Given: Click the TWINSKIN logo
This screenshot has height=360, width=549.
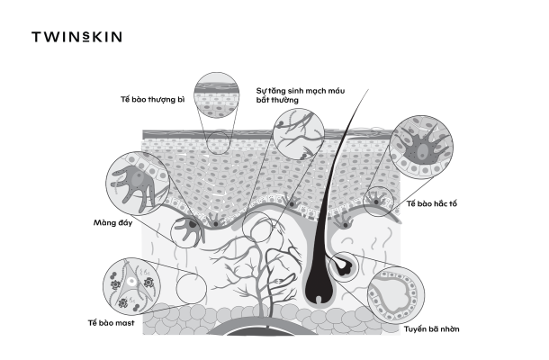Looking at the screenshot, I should tap(76, 37).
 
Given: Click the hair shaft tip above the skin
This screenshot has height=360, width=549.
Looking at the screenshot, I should tap(368, 91).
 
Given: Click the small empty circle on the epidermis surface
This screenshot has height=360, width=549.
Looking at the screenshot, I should tap(219, 142).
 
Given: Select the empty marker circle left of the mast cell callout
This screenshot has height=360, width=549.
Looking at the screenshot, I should tap(190, 289).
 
